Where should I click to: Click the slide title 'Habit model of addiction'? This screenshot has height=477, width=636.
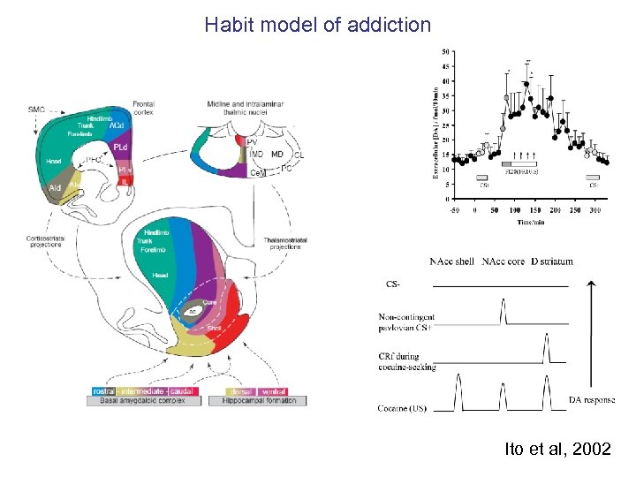click(x=317, y=24)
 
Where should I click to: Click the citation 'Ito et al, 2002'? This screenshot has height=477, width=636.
click(x=557, y=450)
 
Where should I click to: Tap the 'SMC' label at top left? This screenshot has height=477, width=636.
click(x=36, y=109)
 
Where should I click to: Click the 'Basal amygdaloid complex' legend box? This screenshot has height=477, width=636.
click(x=144, y=400)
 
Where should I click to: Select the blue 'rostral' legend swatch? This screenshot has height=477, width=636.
click(x=106, y=390)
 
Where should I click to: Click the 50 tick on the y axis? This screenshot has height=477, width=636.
click(x=445, y=50)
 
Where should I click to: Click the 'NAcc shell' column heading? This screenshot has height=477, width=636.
click(x=451, y=261)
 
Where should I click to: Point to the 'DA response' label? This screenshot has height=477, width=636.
click(x=592, y=400)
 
